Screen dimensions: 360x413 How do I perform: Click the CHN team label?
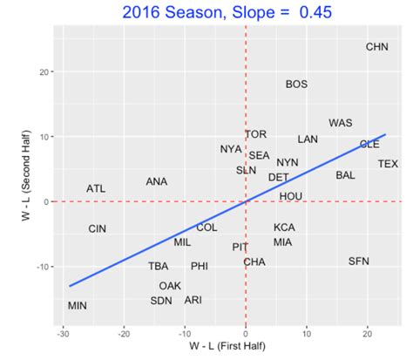coord(377,46)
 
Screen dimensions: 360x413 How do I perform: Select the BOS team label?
coord(296,84)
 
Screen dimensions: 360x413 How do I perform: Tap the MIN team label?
coord(78,305)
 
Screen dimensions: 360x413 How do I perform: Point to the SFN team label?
coord(359,261)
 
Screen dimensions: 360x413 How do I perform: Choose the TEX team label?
coord(388,163)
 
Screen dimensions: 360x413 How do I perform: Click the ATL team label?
coord(96,188)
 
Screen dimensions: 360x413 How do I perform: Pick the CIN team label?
coord(98,228)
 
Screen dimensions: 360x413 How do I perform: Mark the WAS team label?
coord(341,123)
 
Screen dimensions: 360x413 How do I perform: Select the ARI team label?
coord(193,299)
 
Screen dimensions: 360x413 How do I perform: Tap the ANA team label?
coord(157,181)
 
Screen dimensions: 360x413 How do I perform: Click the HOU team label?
coord(290,196)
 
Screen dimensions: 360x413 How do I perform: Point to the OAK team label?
coord(170,285)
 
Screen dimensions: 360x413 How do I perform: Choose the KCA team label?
coord(284,227)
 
